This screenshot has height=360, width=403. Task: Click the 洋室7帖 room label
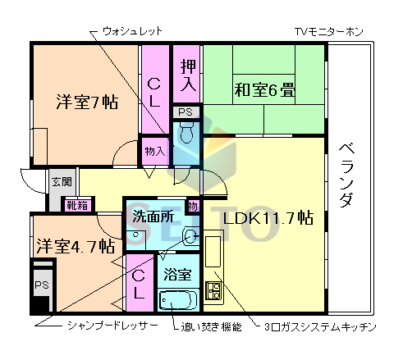click(x=86, y=103)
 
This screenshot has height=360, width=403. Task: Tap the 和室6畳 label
click(x=266, y=88)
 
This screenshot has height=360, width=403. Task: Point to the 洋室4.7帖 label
click(x=75, y=245)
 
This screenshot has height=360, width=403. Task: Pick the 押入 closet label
click(x=188, y=74)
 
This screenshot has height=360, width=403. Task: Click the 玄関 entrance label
click(x=61, y=182)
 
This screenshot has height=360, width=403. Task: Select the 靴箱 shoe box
click(x=79, y=205)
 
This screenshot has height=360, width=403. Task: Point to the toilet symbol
click(x=185, y=132)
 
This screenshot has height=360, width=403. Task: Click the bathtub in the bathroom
click(x=177, y=301)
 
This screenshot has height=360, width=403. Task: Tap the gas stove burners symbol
click(x=215, y=290)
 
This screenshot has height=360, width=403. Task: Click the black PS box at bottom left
click(x=41, y=287)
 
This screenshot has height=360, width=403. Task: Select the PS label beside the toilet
click(x=185, y=112)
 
